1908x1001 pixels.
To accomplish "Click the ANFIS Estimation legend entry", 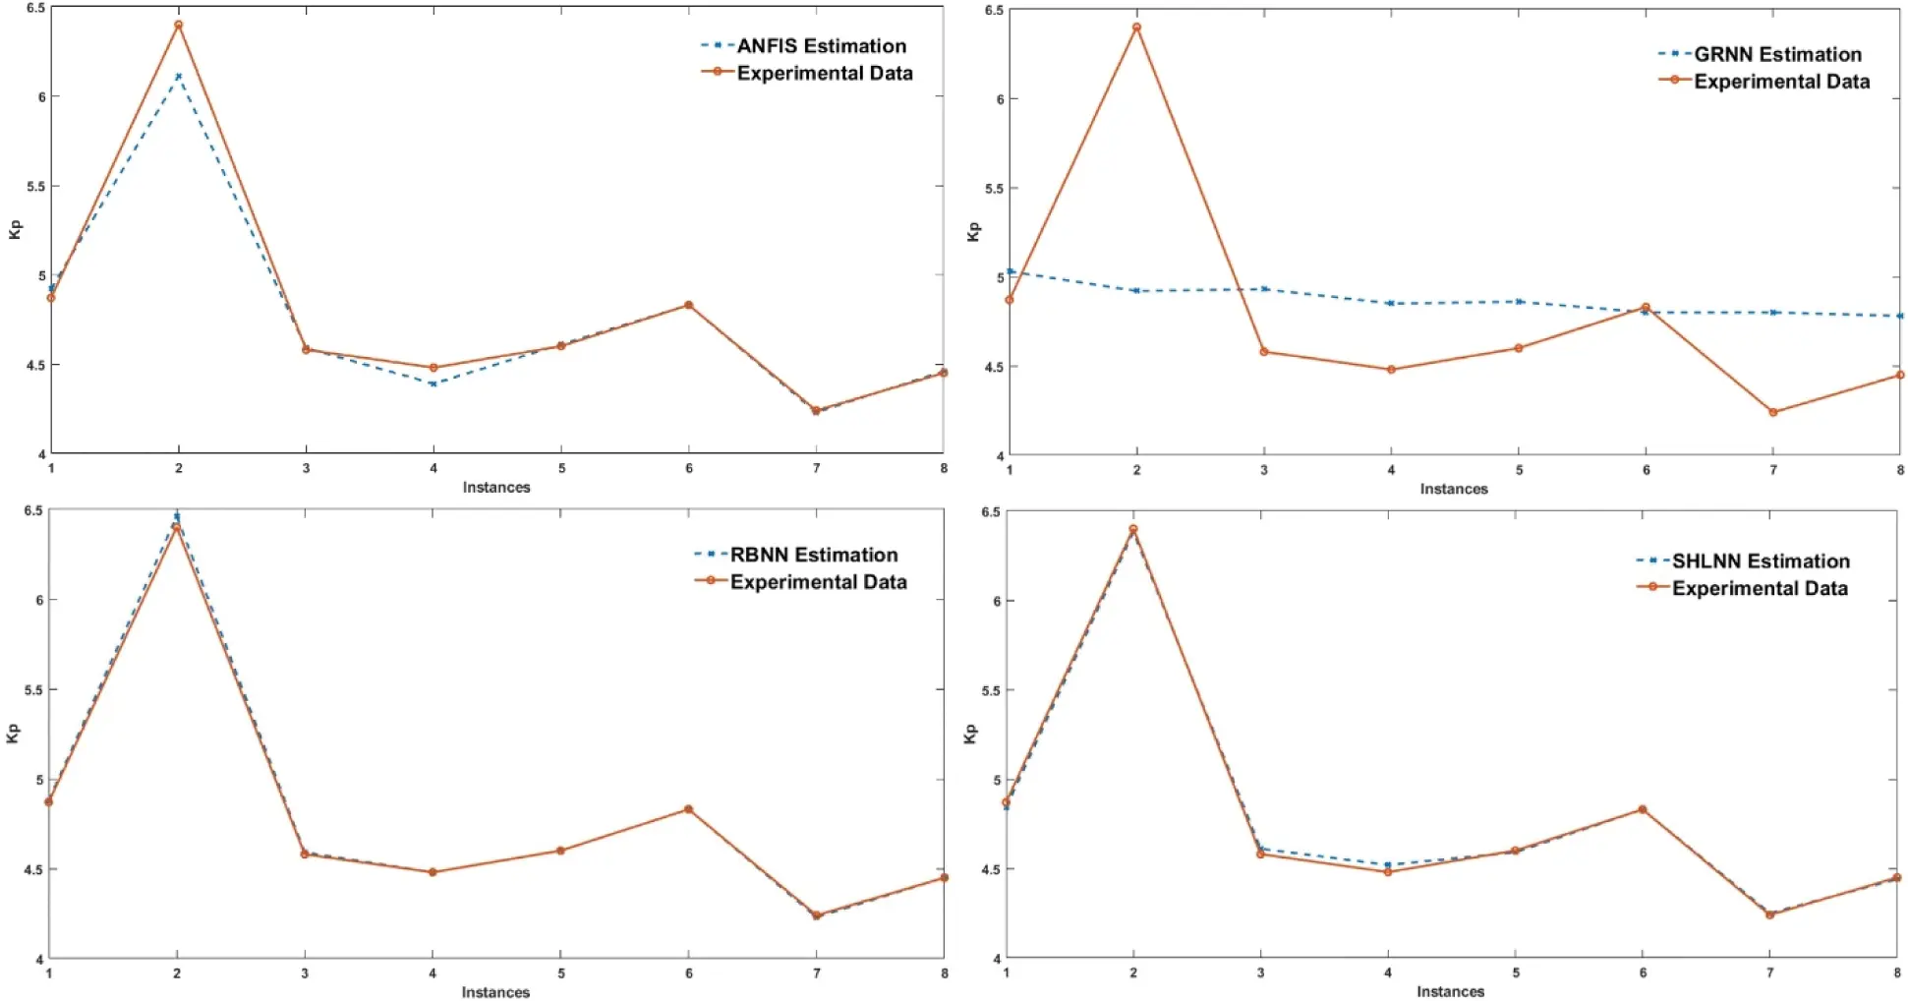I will coord(821,46).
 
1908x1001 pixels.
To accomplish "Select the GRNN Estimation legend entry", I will coord(1777,54).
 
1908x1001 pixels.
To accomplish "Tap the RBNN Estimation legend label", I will coord(813,555).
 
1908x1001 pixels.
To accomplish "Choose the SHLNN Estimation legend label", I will coord(1761,561).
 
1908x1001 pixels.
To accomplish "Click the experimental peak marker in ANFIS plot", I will coord(178,25).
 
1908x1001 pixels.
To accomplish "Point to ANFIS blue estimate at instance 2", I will coord(178,76).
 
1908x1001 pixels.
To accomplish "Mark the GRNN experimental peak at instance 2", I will coord(1136,28).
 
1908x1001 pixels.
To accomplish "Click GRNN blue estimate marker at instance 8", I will coord(1899,316).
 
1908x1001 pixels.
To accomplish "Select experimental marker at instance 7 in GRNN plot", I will coord(1773,412).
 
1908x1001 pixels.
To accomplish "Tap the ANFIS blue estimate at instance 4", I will coord(434,383).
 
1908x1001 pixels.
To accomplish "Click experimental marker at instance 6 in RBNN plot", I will coord(688,809).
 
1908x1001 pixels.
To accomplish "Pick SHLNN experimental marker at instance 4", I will coord(1388,872).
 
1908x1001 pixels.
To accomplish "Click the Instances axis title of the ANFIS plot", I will coord(496,487).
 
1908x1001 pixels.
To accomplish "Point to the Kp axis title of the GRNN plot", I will coord(973,231).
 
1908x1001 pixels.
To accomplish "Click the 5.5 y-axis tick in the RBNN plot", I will coord(33,690).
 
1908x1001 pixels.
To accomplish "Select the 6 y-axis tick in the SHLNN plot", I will coord(997,601).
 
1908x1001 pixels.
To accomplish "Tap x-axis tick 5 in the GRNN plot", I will coord(1519,470).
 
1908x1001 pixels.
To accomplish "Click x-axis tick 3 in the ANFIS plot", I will coord(306,468).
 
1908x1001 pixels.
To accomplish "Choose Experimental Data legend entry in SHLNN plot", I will coord(1760,588).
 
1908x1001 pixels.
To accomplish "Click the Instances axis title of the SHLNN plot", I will coord(1450,991).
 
